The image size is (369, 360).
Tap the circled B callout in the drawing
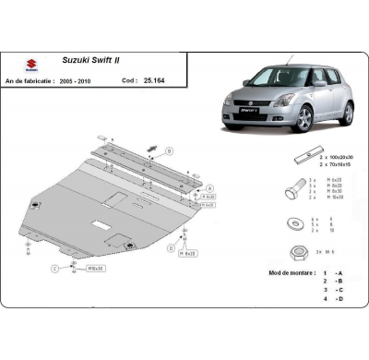tap(169, 150)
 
